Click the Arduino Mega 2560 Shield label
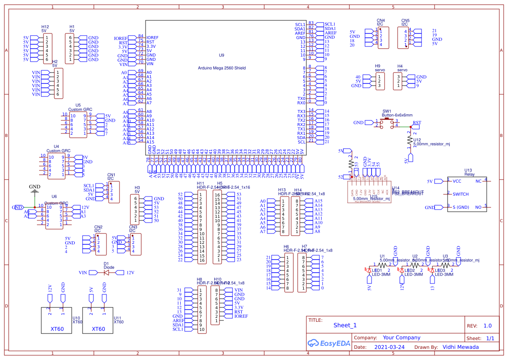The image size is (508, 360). click(222, 68)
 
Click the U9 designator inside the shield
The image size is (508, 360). click(221, 55)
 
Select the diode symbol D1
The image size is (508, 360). click(106, 273)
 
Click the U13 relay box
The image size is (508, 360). click(467, 194)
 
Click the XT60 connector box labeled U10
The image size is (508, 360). click(56, 320)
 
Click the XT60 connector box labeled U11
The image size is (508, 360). click(98, 320)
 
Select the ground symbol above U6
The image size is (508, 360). click(35, 190)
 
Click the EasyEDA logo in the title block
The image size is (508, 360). click(329, 343)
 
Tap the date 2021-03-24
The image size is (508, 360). click(389, 347)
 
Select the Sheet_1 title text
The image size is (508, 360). click(345, 325)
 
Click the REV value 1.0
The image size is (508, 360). click(487, 326)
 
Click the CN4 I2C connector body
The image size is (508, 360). click(381, 38)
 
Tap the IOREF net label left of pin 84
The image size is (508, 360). click(121, 38)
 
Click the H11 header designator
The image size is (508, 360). click(200, 183)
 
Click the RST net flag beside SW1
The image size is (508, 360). click(417, 123)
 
